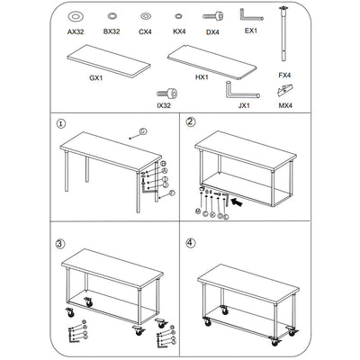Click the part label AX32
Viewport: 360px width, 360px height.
[76, 31]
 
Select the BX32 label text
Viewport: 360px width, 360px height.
[112, 31]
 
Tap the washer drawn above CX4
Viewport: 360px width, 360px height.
[146, 17]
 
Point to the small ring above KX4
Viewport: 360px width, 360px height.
[179, 17]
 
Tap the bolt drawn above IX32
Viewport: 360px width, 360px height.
[166, 93]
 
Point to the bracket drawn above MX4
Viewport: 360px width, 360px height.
[285, 90]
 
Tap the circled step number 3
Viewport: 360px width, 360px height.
[60, 244]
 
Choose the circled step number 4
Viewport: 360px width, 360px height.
[192, 243]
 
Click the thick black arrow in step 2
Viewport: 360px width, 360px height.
[237, 202]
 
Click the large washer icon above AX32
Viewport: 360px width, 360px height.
[76, 16]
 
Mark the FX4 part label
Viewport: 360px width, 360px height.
[284, 76]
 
